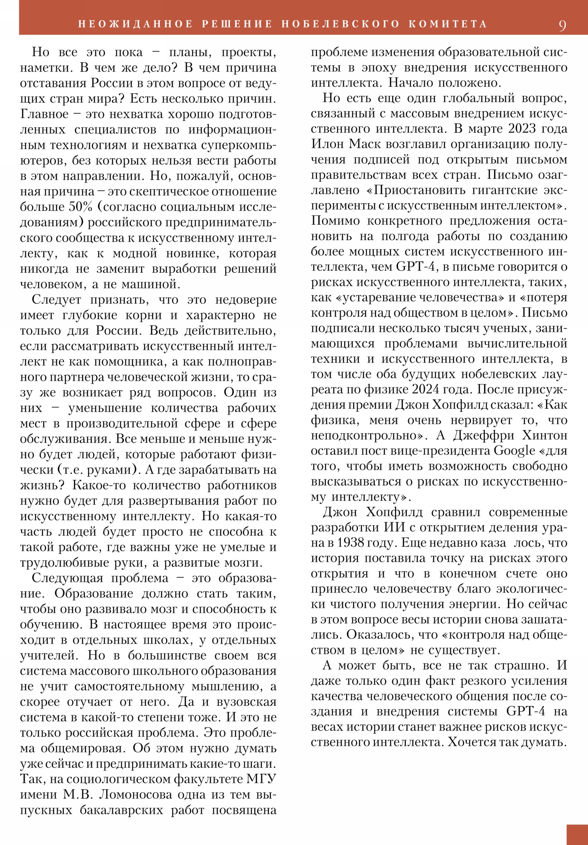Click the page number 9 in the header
tap(562, 25)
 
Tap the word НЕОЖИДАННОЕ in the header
tap(136, 24)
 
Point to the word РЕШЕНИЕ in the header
tap(237, 24)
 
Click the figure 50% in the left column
tap(80, 207)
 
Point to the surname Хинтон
tap(545, 435)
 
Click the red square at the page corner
tap(577, 834)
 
